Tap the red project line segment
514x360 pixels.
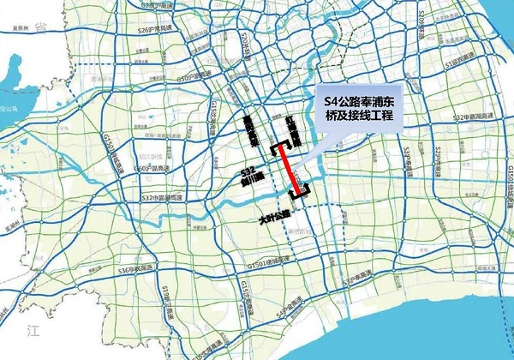290,170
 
